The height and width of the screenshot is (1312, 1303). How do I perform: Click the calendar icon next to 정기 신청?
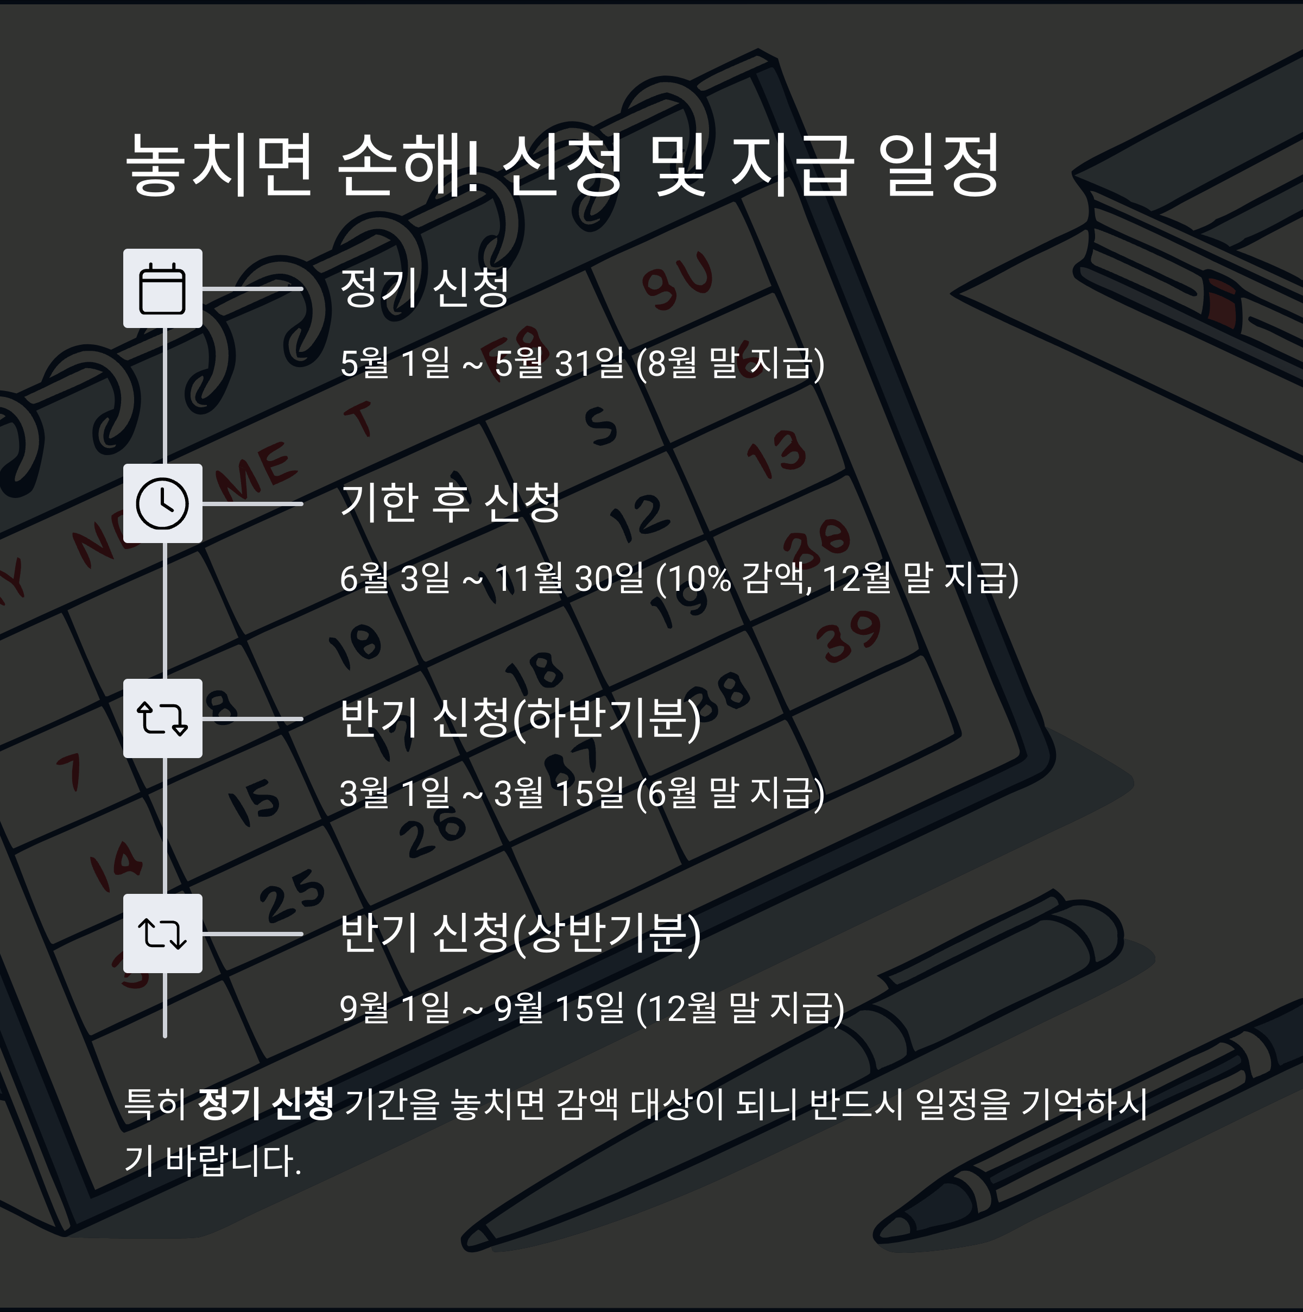tap(162, 288)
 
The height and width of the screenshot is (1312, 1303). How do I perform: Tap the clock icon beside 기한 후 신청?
tap(162, 503)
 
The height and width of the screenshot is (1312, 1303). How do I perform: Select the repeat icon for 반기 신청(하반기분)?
tap(162, 718)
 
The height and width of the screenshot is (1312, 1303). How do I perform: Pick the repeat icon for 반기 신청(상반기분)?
tap(162, 933)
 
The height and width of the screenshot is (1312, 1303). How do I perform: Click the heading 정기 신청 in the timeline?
tap(425, 287)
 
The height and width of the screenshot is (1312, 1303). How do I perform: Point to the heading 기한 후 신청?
tap(450, 502)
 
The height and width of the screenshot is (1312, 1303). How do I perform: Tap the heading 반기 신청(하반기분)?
tap(520, 718)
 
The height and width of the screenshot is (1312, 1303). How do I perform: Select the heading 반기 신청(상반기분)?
tap(520, 932)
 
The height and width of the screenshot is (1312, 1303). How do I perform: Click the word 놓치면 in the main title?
tap(219, 165)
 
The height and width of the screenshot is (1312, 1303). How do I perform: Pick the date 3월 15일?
tap(559, 793)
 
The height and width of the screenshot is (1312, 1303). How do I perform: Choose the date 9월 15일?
tap(559, 1008)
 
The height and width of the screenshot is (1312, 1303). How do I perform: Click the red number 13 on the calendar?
tap(777, 452)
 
